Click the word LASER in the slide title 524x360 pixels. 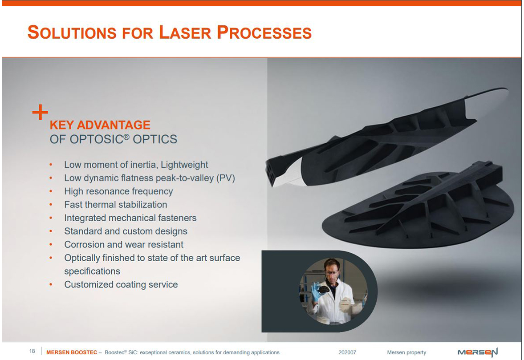coord(185,32)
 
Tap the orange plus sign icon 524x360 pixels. coord(40,112)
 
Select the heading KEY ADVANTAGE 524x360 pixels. coord(100,125)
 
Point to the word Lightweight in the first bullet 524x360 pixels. coord(184,165)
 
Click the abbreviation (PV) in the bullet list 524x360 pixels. coord(226,178)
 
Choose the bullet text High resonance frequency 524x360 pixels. coord(118,191)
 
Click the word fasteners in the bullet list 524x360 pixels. coord(177,218)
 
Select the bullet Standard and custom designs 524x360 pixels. coord(126,231)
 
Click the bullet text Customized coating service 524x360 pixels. coord(121,284)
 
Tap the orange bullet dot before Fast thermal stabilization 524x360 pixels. coord(51,205)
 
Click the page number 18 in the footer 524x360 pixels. coord(32,351)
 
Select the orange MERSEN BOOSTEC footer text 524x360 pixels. coord(72,352)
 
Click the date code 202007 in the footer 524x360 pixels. coord(347,352)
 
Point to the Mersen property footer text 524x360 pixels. coord(406,352)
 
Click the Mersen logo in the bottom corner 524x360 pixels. coord(478,352)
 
